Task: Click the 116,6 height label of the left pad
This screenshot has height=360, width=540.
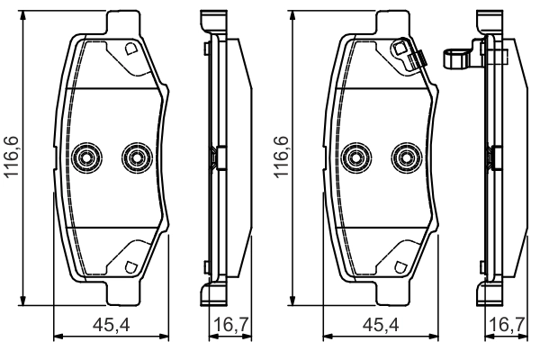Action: [x=12, y=157]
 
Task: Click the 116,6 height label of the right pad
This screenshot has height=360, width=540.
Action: [x=281, y=157]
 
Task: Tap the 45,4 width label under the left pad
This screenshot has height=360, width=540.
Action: [x=112, y=325]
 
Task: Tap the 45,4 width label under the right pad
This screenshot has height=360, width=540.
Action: [x=381, y=325]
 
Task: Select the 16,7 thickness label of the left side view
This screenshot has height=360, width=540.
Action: [x=231, y=325]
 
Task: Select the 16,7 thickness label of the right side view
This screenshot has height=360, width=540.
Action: [x=507, y=325]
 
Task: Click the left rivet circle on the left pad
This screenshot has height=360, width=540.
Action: [x=86, y=157]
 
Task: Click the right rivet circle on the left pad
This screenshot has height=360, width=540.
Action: [x=137, y=157]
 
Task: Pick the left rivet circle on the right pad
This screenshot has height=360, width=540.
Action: [x=355, y=157]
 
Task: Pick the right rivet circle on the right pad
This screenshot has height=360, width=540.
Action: [x=407, y=157]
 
